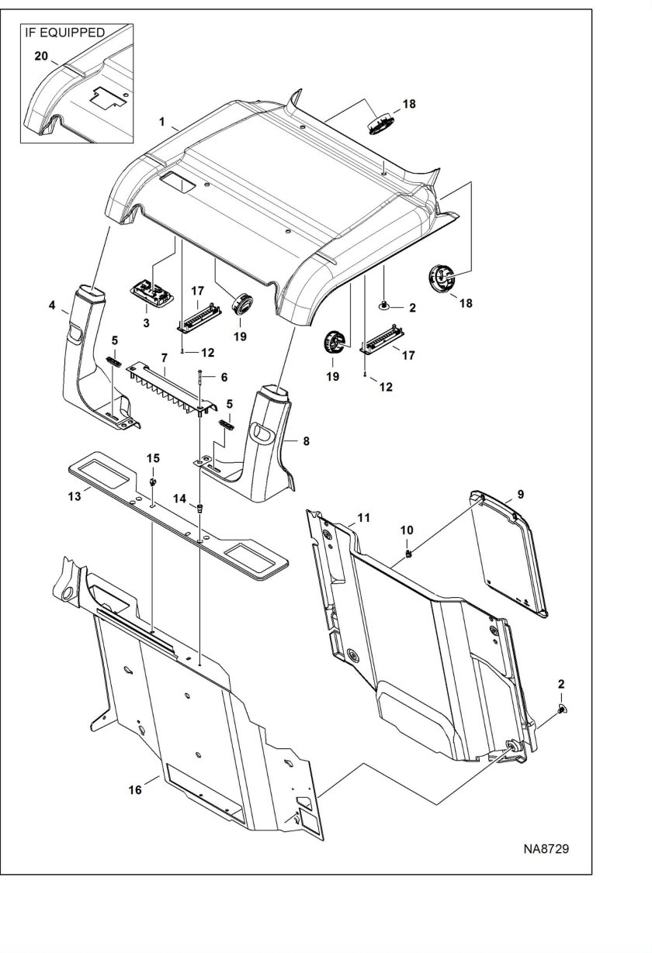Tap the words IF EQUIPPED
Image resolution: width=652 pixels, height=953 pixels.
coord(64,33)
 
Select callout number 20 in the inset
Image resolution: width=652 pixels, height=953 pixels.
coord(41,56)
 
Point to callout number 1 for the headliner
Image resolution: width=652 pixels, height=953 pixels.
coord(161,122)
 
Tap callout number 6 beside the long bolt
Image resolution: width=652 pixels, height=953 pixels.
coord(224,378)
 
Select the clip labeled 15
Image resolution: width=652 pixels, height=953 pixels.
coord(152,482)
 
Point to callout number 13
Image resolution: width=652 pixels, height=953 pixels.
coord(75,496)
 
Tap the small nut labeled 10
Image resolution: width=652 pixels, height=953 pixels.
coord(408,554)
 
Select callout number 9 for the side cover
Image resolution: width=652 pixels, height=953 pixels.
coord(521,495)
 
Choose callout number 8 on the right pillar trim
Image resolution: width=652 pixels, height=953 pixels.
coord(306,441)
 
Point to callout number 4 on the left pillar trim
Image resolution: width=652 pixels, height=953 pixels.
coord(52,305)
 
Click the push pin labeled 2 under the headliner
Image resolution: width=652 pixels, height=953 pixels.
coord(383,305)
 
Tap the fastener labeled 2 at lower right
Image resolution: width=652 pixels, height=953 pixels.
coord(562,709)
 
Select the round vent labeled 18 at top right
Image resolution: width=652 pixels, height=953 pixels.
coord(380,125)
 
